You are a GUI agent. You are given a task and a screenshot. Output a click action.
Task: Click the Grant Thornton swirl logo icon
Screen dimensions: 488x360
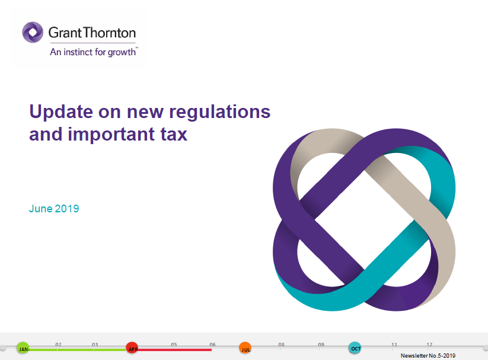(33, 32)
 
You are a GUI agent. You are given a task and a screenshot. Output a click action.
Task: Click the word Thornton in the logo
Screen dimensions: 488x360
(109, 33)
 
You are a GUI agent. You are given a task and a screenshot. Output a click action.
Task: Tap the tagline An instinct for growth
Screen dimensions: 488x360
(93, 52)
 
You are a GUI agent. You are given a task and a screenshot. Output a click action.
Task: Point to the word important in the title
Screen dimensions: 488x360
(111, 135)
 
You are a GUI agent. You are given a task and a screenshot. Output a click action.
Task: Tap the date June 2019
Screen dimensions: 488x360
(54, 209)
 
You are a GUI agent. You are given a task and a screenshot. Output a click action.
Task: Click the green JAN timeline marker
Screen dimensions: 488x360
(23, 348)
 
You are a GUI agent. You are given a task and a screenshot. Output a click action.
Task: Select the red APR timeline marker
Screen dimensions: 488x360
(132, 348)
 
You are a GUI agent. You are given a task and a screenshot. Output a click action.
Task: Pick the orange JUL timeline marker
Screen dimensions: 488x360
(245, 348)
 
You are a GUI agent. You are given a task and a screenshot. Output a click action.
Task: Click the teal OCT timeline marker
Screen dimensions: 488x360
(355, 348)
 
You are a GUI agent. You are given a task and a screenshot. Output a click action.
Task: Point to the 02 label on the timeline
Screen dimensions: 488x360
(59, 345)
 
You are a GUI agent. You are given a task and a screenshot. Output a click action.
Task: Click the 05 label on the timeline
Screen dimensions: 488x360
(174, 345)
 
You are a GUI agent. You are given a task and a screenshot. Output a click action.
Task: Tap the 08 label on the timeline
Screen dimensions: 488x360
(281, 345)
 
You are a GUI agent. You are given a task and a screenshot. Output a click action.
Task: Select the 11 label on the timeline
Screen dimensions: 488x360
(394, 345)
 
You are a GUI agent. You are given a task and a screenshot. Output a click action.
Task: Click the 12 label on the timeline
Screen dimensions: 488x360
(429, 345)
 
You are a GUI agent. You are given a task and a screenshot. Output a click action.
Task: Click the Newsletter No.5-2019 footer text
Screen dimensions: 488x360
(428, 356)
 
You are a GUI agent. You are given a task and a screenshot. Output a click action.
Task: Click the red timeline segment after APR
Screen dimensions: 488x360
(175, 350)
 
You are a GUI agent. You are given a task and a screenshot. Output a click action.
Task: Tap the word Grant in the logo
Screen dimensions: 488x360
(65, 33)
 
